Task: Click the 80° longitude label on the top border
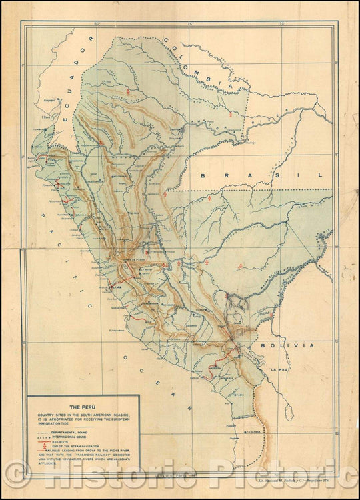(x=97, y=24)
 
